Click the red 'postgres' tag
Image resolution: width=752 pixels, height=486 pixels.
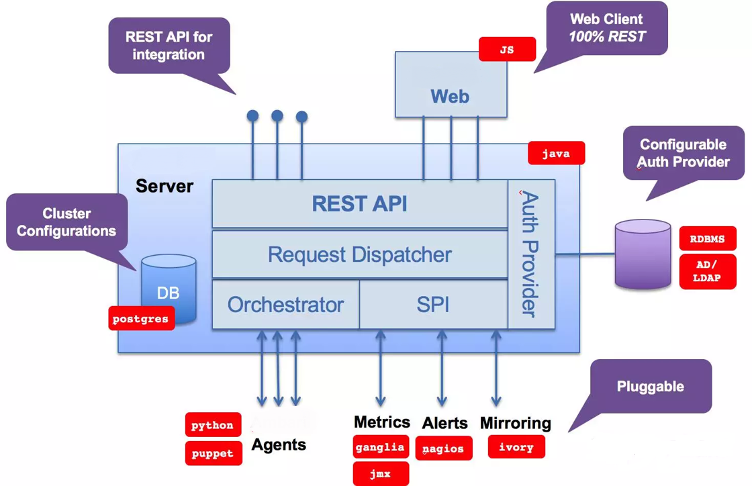[x=142, y=318]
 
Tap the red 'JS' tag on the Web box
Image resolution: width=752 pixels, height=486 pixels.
[x=507, y=49]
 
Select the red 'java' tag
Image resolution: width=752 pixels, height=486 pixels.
[x=557, y=153]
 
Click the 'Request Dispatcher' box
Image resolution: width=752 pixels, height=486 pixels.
[x=360, y=254]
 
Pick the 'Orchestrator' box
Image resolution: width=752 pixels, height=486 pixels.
[x=286, y=304]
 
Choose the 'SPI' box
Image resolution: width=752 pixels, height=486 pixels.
[x=434, y=304]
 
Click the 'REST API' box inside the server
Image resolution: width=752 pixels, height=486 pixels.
[x=360, y=203]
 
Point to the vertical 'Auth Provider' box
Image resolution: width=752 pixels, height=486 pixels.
[x=531, y=254]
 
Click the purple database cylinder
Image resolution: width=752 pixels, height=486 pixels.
[x=643, y=254]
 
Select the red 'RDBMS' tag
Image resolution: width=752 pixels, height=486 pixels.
[x=708, y=239]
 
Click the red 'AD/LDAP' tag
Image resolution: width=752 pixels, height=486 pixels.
[x=708, y=271]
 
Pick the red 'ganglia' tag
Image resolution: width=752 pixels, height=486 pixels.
[x=381, y=447]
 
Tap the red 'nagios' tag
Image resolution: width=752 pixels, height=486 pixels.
[x=444, y=448]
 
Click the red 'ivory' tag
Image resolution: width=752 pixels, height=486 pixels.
[x=516, y=446]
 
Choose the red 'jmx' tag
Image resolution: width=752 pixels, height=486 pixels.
[x=381, y=474]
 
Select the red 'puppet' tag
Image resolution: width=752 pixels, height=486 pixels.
[x=214, y=453]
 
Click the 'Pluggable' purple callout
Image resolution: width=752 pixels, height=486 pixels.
[x=651, y=386]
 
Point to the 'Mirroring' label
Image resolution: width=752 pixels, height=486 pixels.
[x=516, y=423]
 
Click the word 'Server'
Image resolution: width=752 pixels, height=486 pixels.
[x=164, y=186]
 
